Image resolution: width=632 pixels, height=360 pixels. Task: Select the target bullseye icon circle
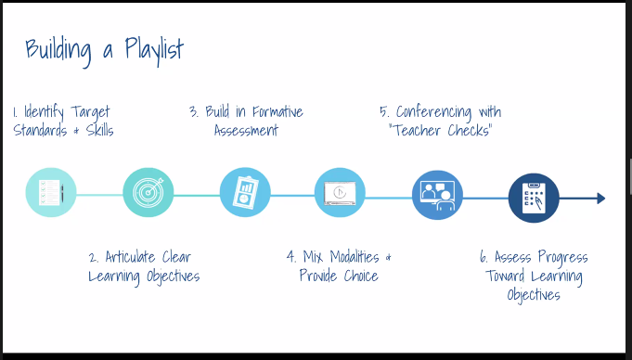click(x=148, y=193)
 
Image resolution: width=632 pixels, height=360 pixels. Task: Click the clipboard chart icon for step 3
click(x=245, y=193)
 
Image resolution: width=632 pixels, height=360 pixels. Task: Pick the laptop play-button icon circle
click(x=341, y=193)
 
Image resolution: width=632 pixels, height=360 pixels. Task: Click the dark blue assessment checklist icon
click(x=534, y=198)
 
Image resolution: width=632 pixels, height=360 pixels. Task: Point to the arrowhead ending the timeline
click(x=600, y=198)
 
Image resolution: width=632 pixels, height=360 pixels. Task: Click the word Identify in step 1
click(x=43, y=112)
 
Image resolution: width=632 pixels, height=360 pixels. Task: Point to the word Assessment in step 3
click(x=246, y=131)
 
